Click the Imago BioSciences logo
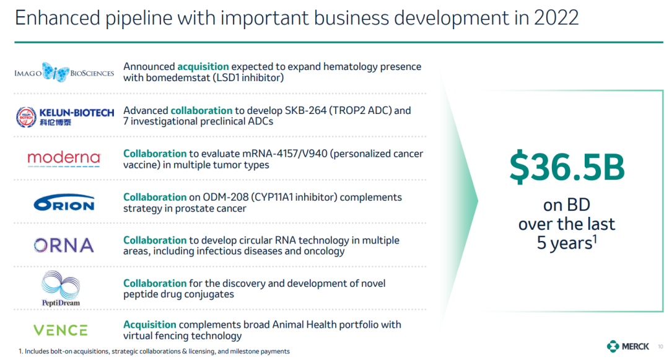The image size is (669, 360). pyautogui.click(x=64, y=72)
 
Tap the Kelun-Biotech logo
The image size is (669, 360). pyautogui.click(x=65, y=117)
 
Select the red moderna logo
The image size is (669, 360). pyautogui.click(x=64, y=159)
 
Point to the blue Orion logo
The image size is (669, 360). pyautogui.click(x=64, y=203)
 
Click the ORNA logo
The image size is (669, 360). pyautogui.click(x=64, y=245)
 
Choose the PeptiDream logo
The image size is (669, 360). pyautogui.click(x=61, y=289)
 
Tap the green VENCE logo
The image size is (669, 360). pyautogui.click(x=61, y=330)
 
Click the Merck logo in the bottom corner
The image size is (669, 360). pyautogui.click(x=627, y=346)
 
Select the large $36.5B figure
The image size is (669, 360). pyautogui.click(x=567, y=167)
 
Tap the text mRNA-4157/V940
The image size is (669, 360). pyautogui.click(x=284, y=154)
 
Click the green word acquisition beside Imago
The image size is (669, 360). pyautogui.click(x=203, y=67)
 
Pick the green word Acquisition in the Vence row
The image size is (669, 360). pyautogui.click(x=150, y=325)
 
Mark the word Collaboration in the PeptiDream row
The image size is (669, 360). pyautogui.click(x=155, y=283)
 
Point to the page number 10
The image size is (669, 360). pyautogui.click(x=660, y=347)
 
